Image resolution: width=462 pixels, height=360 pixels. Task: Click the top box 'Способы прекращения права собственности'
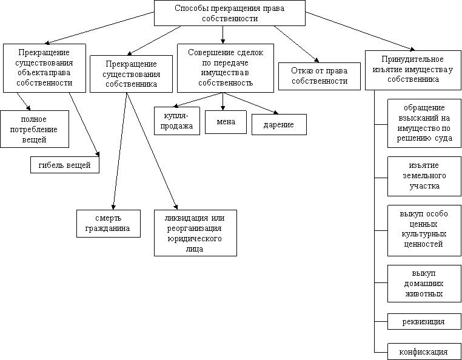[230, 13]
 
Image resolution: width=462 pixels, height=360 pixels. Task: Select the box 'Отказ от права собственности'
[320, 76]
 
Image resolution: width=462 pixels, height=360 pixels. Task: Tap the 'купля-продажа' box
[177, 121]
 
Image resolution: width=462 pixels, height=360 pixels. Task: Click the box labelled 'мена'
[226, 122]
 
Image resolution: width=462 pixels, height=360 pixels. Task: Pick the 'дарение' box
[279, 125]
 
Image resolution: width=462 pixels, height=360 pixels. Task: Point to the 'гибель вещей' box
[65, 165]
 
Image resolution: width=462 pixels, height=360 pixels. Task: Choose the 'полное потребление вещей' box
[35, 129]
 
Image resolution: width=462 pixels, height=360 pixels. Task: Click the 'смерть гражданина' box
[109, 224]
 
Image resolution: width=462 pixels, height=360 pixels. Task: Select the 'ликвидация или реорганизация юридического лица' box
[195, 233]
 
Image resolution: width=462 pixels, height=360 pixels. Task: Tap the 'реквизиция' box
[424, 321]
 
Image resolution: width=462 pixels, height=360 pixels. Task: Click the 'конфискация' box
[424, 352]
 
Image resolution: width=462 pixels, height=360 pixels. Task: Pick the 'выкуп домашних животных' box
[424, 284]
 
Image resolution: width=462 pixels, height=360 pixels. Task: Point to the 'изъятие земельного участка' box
[424, 176]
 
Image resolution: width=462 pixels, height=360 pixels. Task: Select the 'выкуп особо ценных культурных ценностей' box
[424, 231]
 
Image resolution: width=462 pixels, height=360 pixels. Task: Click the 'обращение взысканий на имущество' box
[424, 123]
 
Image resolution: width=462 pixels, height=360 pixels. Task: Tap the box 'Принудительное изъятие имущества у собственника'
[413, 70]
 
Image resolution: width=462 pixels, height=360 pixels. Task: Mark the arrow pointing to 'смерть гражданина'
[120, 151]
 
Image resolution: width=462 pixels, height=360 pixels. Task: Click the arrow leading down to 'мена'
[223, 102]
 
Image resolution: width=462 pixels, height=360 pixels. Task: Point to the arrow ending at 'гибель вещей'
[84, 125]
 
